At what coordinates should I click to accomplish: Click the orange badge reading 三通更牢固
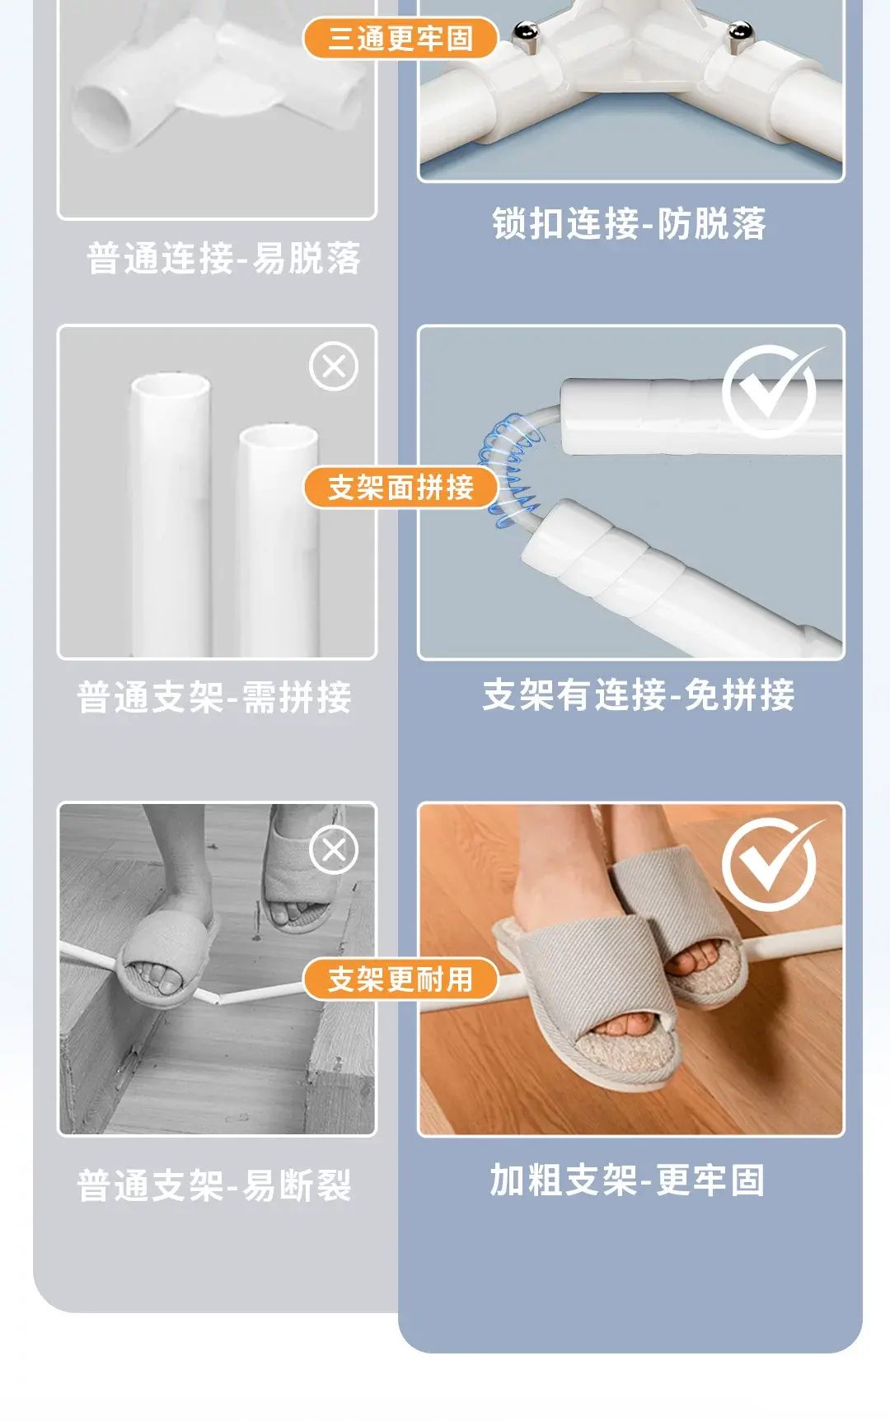400,38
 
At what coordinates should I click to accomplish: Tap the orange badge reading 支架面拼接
400,488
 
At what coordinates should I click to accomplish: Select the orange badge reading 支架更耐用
400,979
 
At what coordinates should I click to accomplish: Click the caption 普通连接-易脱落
224,258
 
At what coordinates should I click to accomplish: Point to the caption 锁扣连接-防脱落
630,223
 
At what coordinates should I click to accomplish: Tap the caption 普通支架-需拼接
214,697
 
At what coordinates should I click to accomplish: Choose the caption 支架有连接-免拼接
639,694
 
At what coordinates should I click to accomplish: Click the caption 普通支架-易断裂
214,1186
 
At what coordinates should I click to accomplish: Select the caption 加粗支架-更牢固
628,1180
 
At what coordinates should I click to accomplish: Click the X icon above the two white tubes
334,367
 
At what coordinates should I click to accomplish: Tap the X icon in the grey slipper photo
334,849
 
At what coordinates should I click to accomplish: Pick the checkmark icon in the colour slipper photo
771,864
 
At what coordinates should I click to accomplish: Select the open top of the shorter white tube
279,437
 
